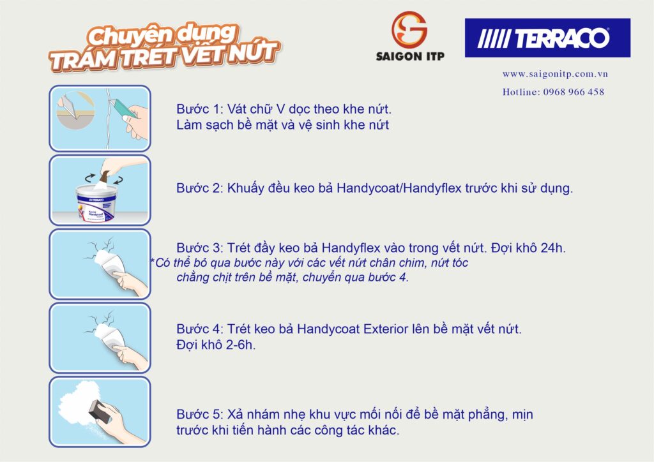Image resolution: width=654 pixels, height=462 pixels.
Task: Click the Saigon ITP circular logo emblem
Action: [x=409, y=29]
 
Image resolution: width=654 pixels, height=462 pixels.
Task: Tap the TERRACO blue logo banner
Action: [x=547, y=38]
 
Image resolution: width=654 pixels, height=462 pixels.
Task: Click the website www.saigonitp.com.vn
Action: [x=554, y=74]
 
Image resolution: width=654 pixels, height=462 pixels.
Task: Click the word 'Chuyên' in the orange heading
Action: [x=121, y=35]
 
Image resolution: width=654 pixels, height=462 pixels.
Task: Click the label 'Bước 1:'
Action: [x=198, y=109]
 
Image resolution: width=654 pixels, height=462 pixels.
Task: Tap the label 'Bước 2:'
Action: [x=198, y=188]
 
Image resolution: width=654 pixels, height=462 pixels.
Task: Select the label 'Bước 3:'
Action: [x=198, y=248]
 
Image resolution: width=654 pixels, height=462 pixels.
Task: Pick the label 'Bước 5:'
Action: [x=198, y=415]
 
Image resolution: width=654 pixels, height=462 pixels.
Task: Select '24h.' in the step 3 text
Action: [x=552, y=248]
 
